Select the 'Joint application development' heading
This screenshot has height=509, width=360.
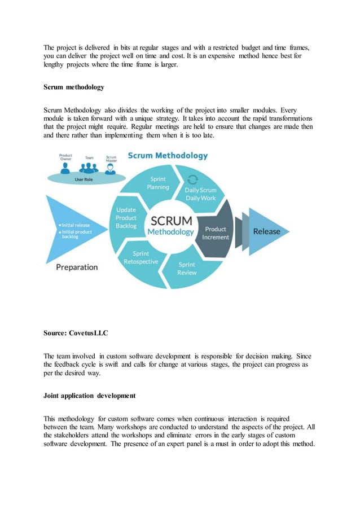click(89, 396)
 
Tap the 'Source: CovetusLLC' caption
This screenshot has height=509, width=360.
click(76, 334)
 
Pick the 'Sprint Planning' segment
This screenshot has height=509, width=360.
click(157, 183)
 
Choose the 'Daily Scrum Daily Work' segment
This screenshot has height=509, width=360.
click(200, 194)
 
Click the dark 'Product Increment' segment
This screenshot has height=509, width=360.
click(216, 233)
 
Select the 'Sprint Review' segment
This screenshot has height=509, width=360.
click(187, 269)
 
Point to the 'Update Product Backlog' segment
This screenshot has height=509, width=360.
click(126, 218)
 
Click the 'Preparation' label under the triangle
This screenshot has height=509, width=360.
click(77, 267)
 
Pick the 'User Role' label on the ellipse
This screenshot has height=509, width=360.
click(85, 178)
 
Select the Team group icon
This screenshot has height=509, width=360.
click(88, 167)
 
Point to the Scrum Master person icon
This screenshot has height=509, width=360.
click(111, 168)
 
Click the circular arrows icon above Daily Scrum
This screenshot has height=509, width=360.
click(192, 179)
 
